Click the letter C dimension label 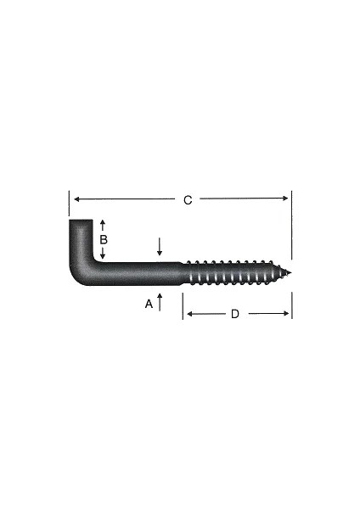188,199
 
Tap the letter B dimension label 103,239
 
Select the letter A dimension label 149,303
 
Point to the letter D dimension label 235,314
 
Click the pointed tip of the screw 289,272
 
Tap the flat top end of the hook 80,221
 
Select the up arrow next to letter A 160,300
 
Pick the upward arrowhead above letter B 103,223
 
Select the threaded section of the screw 233,272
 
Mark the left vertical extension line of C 68,203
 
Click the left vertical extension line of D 183,305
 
